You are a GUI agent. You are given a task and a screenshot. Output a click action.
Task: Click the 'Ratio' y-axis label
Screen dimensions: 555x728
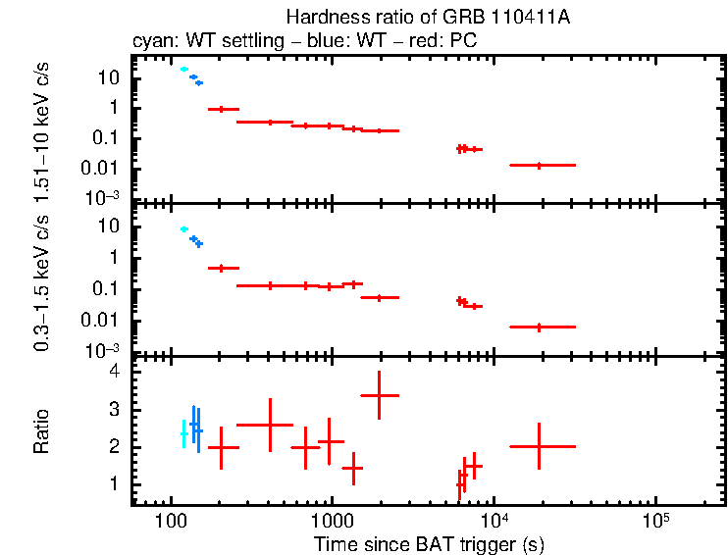pyautogui.click(x=41, y=430)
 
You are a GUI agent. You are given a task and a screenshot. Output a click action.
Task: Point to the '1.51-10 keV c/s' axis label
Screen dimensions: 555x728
pyautogui.click(x=41, y=127)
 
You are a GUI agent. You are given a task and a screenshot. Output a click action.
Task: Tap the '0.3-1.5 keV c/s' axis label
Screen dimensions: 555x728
pyautogui.click(x=41, y=285)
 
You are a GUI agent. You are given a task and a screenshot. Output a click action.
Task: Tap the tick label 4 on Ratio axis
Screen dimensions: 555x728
pyautogui.click(x=114, y=373)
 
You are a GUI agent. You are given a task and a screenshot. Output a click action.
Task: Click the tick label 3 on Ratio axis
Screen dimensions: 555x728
pyautogui.click(x=114, y=410)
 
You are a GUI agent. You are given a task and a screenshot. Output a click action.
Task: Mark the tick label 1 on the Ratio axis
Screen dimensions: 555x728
pyautogui.click(x=114, y=484)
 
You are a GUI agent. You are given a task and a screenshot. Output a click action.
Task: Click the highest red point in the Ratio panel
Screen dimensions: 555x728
pyautogui.click(x=380, y=395)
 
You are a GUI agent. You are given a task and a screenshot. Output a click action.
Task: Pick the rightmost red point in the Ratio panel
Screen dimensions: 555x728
pyautogui.click(x=539, y=446)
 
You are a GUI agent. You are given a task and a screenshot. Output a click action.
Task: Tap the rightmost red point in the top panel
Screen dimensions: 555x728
pyautogui.click(x=539, y=166)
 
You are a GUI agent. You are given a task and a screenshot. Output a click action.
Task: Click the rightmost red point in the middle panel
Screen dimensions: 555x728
pyautogui.click(x=539, y=327)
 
